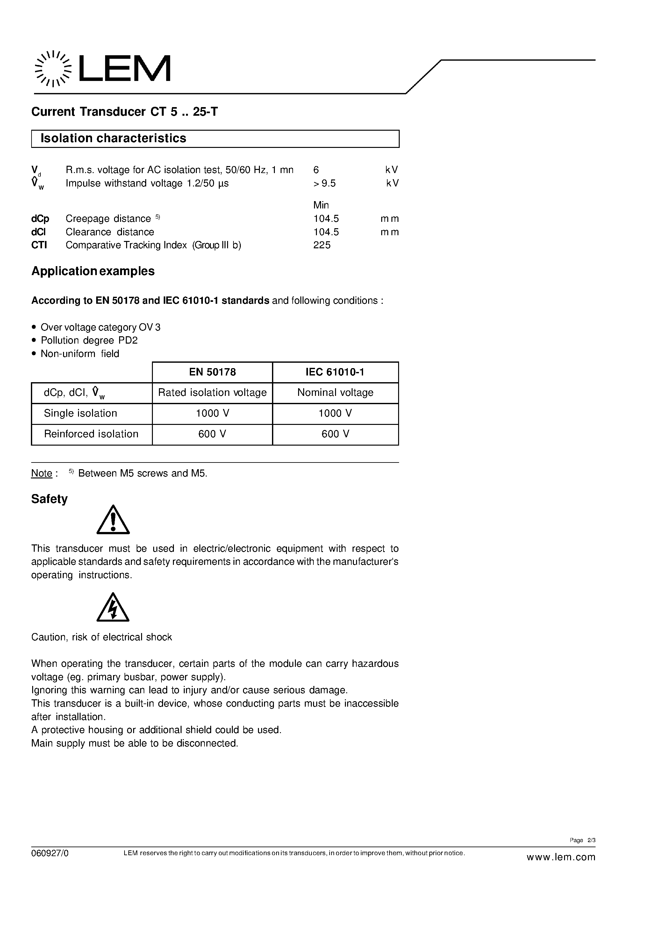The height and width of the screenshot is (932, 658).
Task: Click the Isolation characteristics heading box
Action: [215, 138]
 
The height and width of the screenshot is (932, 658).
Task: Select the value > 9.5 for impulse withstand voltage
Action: [324, 184]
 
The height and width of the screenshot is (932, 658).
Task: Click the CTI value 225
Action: [322, 245]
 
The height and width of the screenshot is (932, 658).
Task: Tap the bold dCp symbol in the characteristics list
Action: [40, 219]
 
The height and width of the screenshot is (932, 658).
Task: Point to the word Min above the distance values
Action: [321, 205]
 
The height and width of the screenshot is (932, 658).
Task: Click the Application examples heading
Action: [93, 271]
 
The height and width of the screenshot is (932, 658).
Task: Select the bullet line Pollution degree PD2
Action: [89, 340]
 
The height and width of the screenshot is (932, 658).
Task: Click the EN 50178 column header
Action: [212, 372]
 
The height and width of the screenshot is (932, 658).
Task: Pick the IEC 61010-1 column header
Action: [335, 372]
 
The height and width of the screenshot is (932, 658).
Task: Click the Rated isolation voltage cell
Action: [212, 392]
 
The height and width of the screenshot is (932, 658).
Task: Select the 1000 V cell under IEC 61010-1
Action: [335, 413]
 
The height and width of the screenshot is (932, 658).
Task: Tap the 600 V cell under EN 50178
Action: [212, 434]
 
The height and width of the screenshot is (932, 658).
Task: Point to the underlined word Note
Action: [42, 473]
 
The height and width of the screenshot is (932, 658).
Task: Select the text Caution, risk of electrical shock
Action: [101, 637]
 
